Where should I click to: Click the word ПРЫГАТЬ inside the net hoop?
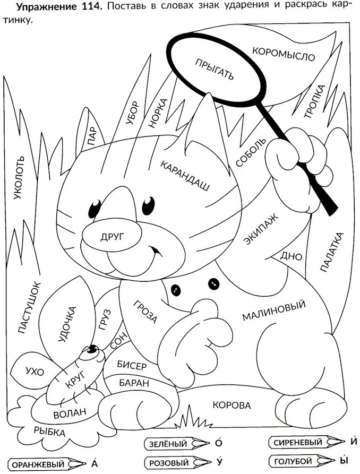[215, 69]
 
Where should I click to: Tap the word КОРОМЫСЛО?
[284, 54]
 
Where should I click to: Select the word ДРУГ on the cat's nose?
[112, 237]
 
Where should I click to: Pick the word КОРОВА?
[232, 404]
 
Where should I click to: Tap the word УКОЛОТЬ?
[19, 178]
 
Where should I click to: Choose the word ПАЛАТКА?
[332, 252]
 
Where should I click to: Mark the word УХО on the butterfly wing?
[35, 371]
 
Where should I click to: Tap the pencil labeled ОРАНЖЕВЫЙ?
[46, 464]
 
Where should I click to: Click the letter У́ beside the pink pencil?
[219, 461]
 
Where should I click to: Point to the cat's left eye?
[95, 206]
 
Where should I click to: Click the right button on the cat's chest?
[213, 283]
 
